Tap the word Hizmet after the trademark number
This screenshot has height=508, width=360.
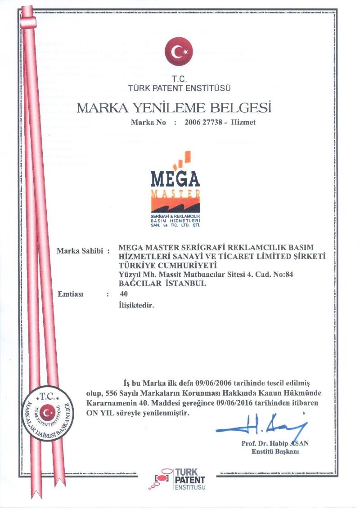click(x=243, y=122)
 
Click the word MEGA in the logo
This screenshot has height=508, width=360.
click(x=175, y=178)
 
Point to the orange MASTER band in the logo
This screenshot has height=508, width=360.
click(x=175, y=193)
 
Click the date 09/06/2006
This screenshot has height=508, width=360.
click(x=212, y=383)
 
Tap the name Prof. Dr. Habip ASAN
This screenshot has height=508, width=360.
click(x=274, y=443)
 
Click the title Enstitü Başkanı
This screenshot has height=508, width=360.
click(x=275, y=452)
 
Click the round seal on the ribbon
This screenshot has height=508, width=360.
click(x=47, y=412)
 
